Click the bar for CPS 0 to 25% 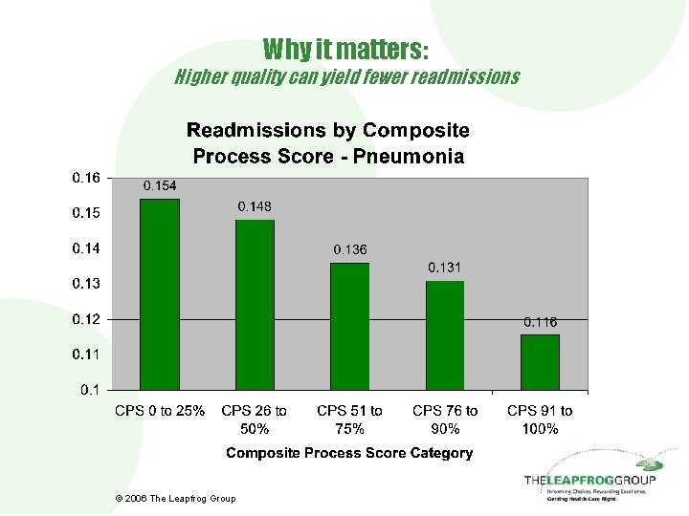[x=160, y=294]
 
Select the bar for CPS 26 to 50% [x=255, y=305]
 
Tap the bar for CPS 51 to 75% [x=349, y=326]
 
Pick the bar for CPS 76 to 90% [x=445, y=335]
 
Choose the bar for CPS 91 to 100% [x=540, y=361]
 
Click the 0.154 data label [x=160, y=185]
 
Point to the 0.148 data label [x=255, y=206]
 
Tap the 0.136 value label [x=349, y=249]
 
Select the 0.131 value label [x=445, y=267]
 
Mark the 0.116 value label [x=540, y=322]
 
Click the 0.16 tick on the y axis [x=86, y=178]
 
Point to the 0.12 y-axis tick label [x=86, y=319]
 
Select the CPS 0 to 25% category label [x=160, y=411]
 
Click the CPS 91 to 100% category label [x=540, y=419]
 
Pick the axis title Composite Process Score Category [x=349, y=453]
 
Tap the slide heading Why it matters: [x=345, y=48]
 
